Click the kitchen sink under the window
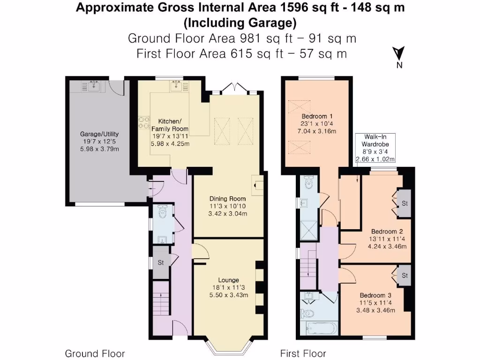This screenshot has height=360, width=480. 177,85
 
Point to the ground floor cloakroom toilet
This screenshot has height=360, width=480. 163,213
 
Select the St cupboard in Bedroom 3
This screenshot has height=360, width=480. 404,276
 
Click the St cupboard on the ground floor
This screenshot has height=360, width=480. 160,262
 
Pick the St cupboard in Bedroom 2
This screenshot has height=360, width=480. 404,203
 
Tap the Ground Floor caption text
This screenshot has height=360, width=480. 95,353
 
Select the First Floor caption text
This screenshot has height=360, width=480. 303,353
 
